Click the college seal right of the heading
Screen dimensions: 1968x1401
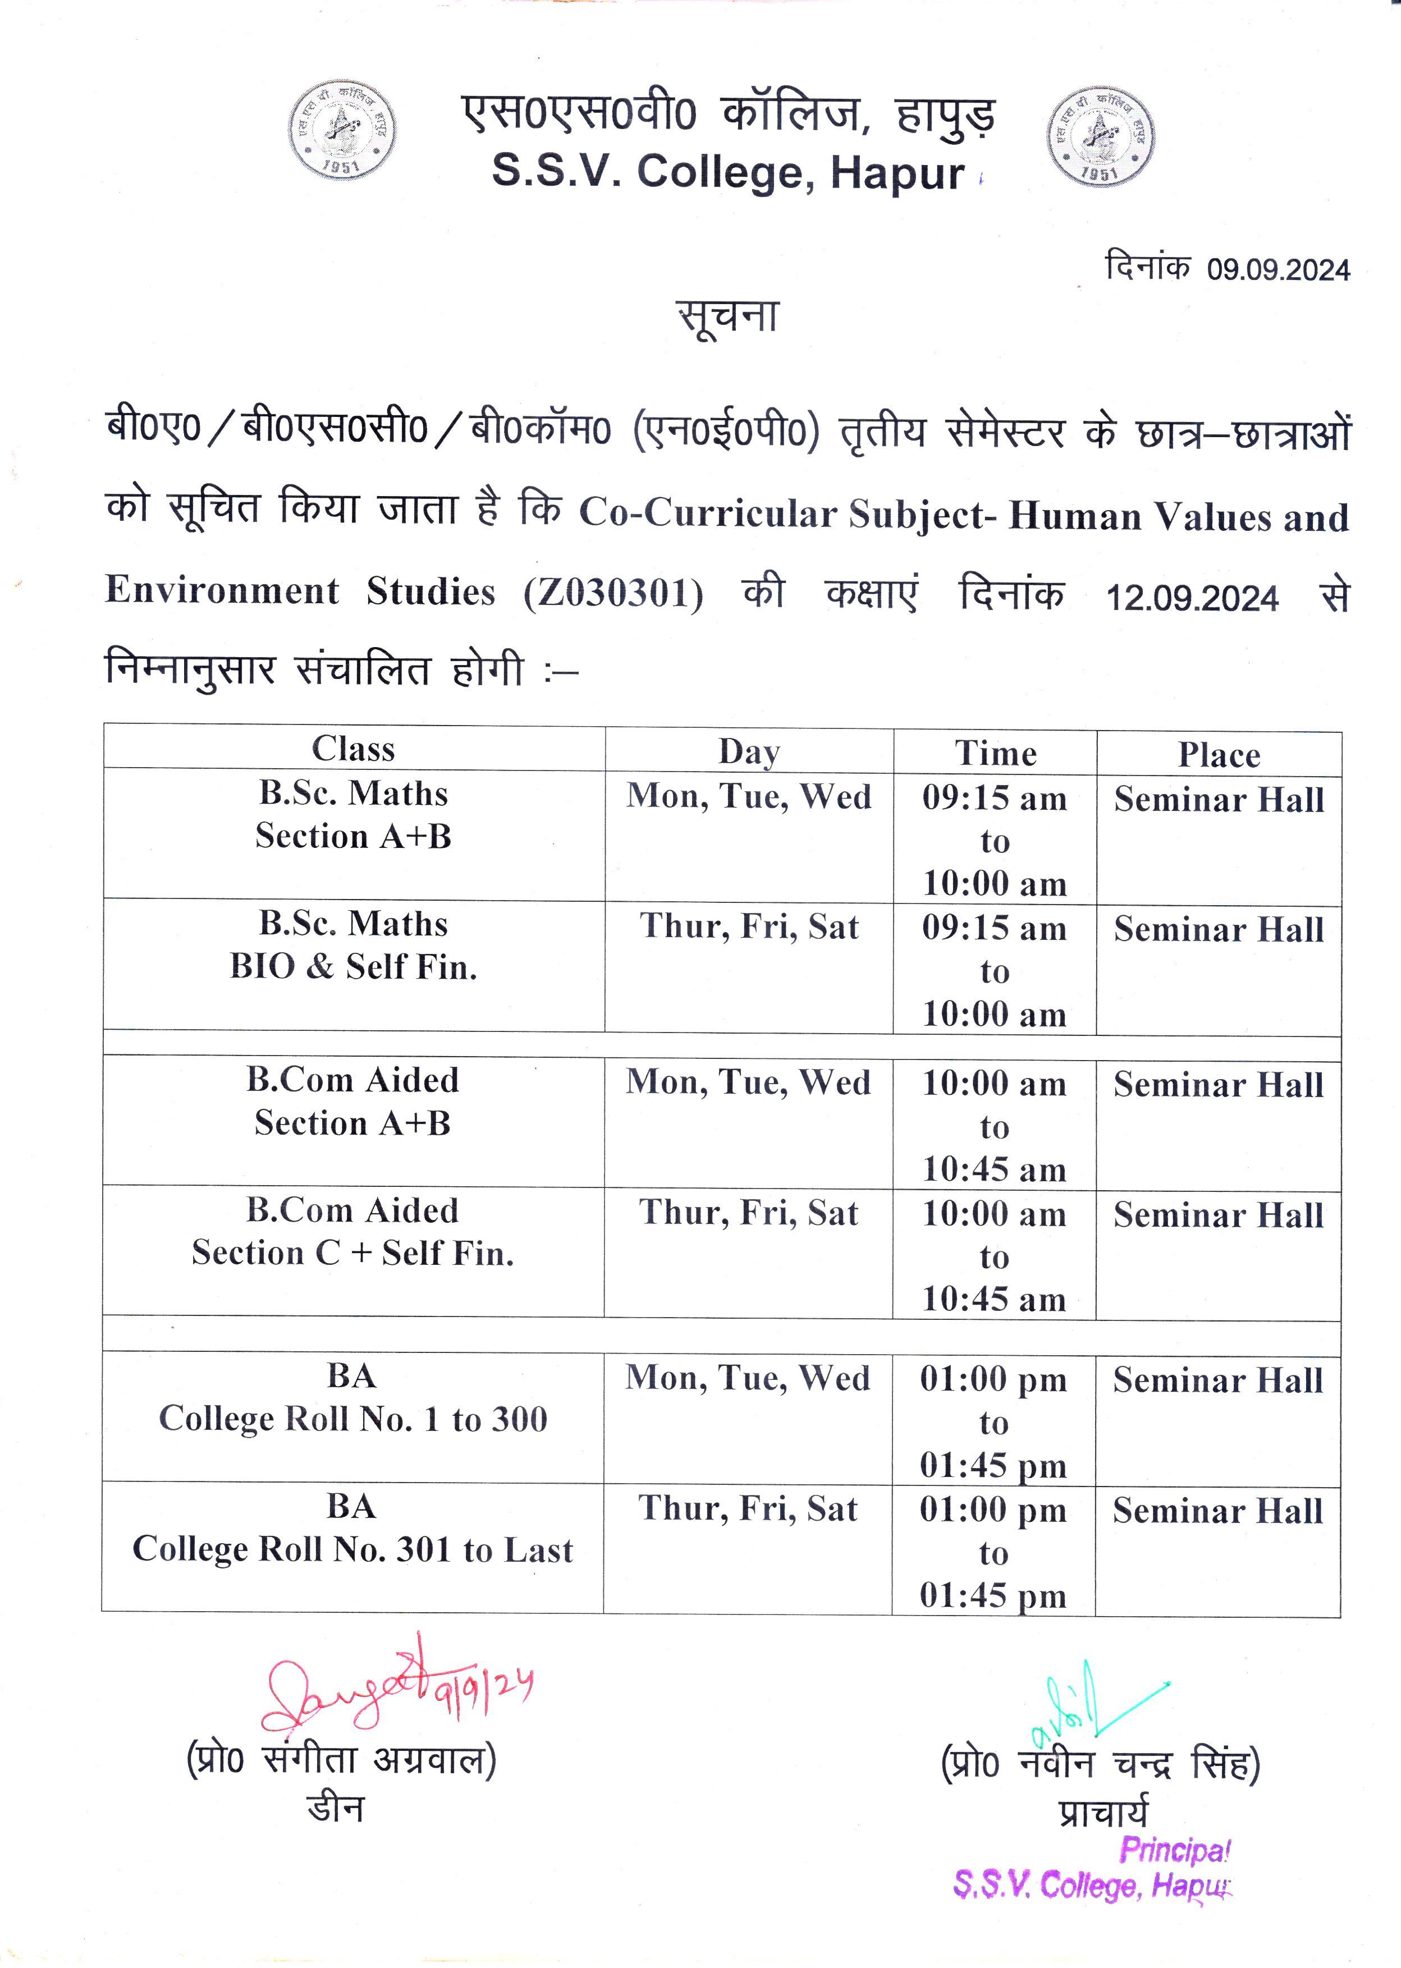[x=1100, y=136]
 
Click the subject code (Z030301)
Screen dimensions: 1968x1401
[x=613, y=593]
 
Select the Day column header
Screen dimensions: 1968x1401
[x=749, y=752]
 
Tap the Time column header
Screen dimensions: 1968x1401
[x=995, y=754]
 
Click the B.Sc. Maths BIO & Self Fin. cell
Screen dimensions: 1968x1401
[x=353, y=945]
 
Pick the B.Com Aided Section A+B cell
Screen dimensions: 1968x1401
[x=353, y=1102]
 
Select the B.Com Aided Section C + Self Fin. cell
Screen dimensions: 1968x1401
[x=353, y=1232]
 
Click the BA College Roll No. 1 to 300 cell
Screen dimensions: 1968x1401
[x=353, y=1397]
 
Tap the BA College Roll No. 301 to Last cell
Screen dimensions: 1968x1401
[x=353, y=1527]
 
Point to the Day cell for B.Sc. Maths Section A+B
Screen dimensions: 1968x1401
[x=749, y=796]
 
